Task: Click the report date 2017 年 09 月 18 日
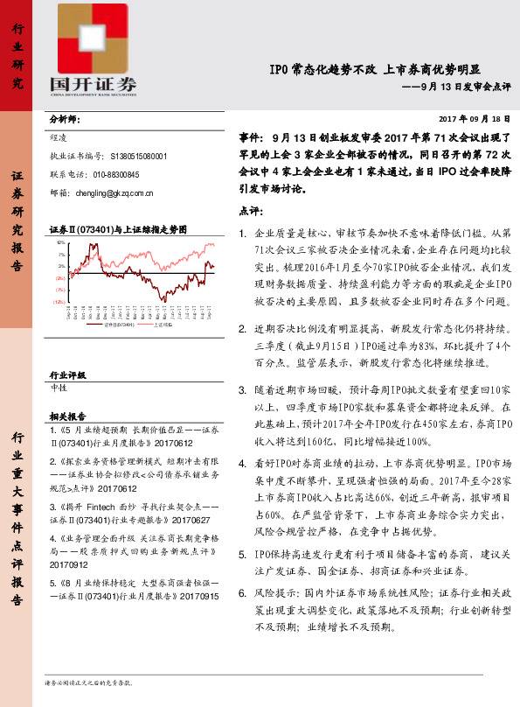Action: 473,118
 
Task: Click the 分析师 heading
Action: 65,118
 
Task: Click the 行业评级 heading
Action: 68,374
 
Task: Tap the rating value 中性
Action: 59,387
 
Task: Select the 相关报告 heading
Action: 68,416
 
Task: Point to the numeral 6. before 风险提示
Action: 242,593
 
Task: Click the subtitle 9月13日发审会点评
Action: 460,87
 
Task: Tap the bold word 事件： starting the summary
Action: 252,137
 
